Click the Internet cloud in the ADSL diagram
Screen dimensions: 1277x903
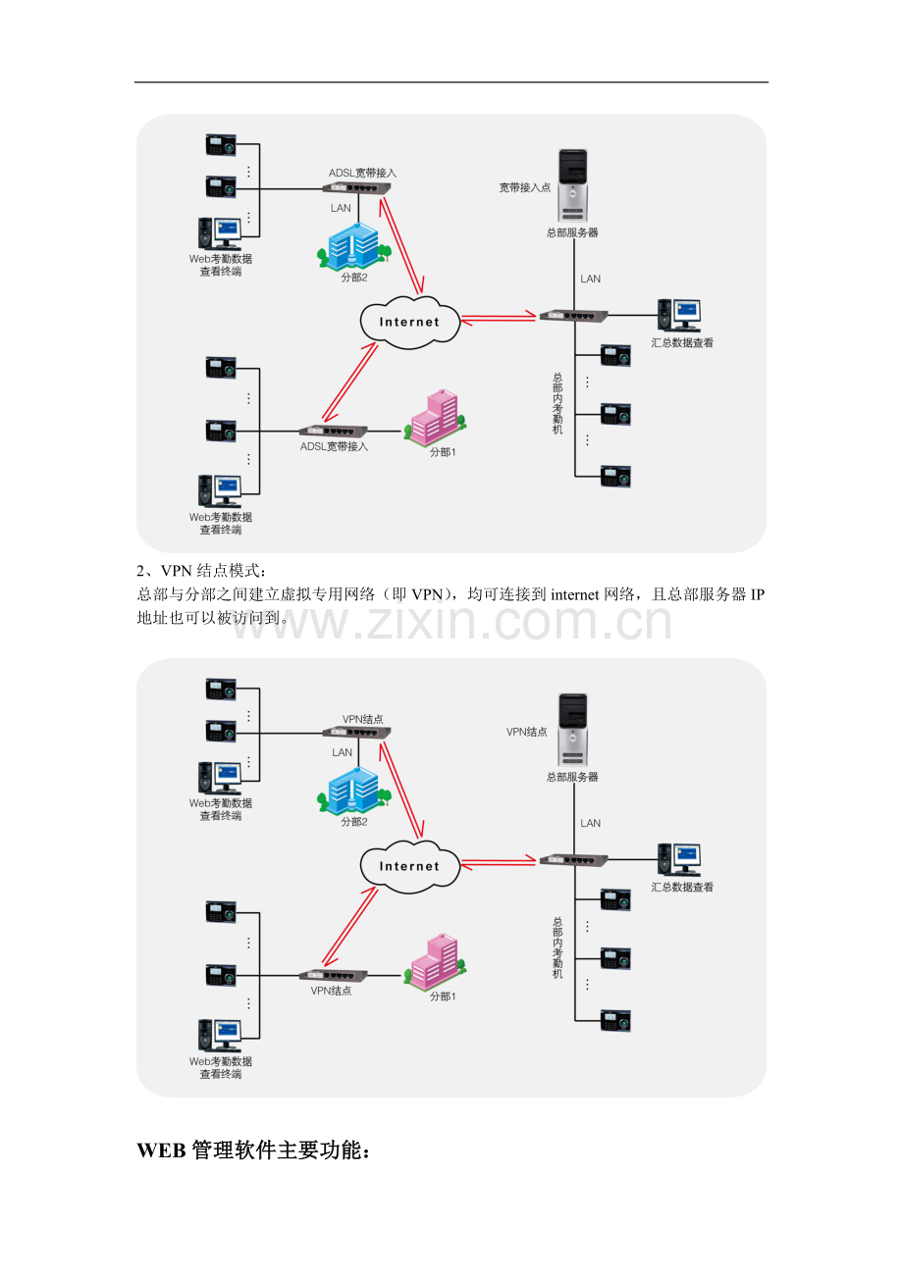coord(409,322)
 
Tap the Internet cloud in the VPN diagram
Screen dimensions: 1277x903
coord(409,866)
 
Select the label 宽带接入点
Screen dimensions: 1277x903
coord(525,187)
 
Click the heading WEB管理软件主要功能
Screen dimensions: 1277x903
coord(253,1151)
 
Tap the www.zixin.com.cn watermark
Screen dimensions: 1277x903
coord(451,622)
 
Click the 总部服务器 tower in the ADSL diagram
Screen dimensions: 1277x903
coord(572,184)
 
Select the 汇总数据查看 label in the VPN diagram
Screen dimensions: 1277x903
coord(682,888)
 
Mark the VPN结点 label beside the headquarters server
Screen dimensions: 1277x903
coord(527,732)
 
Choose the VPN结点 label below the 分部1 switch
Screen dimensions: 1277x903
coord(332,991)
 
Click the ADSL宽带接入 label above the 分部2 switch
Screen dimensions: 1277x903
coord(362,173)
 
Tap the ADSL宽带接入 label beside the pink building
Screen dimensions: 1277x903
coord(334,446)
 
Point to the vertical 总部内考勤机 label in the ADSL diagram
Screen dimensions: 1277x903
coord(558,403)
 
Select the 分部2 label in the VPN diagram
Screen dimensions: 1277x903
coord(353,822)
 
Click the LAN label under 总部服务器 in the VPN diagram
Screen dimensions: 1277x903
coord(590,823)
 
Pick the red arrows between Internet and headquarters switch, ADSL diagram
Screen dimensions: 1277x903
coord(499,318)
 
